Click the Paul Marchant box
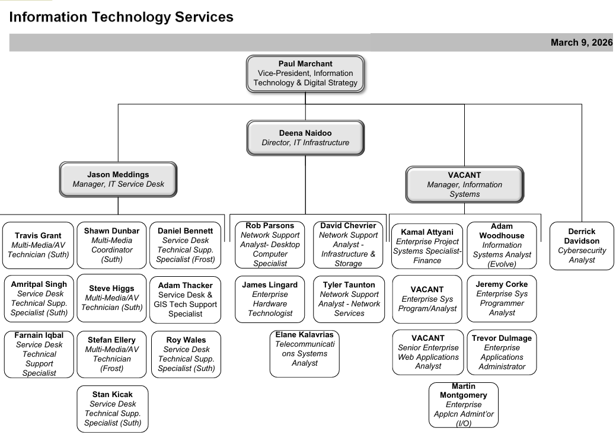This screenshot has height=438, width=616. (305, 73)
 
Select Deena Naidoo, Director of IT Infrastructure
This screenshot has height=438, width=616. (305, 138)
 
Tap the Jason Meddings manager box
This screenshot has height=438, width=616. (118, 180)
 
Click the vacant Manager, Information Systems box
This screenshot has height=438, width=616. (464, 184)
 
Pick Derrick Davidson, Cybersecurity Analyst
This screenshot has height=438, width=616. (581, 245)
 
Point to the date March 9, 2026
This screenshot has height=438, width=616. (580, 42)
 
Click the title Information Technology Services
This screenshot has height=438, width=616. (122, 17)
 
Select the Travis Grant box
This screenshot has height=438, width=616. (38, 245)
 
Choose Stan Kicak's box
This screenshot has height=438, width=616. (112, 408)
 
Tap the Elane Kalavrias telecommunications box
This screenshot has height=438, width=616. (304, 353)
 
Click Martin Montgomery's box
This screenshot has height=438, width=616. (463, 404)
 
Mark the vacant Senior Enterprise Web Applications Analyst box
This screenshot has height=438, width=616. (427, 352)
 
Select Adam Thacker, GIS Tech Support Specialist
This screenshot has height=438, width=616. (185, 299)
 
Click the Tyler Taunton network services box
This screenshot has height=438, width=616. (349, 299)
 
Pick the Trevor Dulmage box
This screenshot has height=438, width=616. (502, 352)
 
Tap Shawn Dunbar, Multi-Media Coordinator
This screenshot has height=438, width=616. (111, 245)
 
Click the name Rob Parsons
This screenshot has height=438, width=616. (270, 226)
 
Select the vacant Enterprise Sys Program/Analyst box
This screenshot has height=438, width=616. (427, 299)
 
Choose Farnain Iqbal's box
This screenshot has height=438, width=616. (39, 354)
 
